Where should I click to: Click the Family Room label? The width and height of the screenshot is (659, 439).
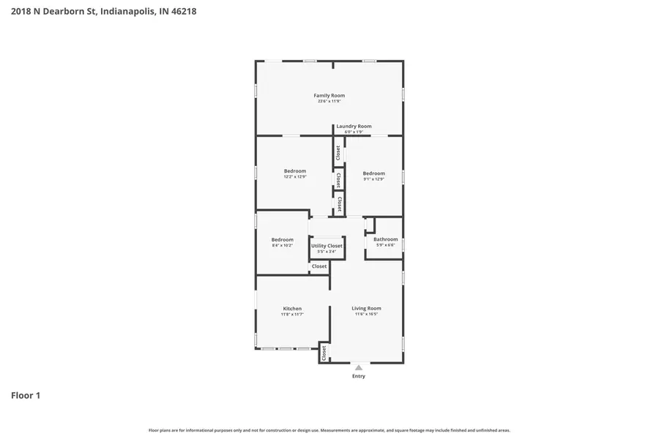tap(329, 95)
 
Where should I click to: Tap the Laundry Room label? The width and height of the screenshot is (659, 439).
tap(354, 126)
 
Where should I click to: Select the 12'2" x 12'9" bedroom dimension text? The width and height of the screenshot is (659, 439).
tap(295, 177)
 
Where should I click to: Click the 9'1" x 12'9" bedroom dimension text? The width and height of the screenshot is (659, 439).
tap(373, 179)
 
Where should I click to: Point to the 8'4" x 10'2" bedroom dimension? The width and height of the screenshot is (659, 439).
tap(282, 246)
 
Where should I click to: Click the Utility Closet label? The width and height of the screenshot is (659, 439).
tap(327, 246)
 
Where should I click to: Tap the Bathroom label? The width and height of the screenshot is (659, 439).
tap(385, 239)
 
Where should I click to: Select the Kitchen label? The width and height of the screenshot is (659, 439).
tap(292, 308)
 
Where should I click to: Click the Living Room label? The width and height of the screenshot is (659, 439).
tap(366, 308)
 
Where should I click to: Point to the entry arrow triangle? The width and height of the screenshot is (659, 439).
tap(358, 367)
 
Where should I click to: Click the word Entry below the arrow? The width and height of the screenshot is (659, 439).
tap(358, 376)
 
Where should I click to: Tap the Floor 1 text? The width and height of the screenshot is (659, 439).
tap(26, 396)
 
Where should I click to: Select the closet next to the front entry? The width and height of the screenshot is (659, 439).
tap(324, 353)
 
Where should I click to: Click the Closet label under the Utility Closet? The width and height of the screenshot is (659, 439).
tap(319, 266)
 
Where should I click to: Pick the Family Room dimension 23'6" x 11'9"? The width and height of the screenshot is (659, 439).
tap(329, 102)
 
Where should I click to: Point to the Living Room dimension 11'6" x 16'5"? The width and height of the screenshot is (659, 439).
tap(366, 314)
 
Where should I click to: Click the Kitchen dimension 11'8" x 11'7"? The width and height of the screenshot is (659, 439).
tap(292, 314)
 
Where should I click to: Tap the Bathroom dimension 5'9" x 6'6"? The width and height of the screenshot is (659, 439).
tap(385, 245)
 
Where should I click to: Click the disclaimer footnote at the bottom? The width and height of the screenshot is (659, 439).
tap(329, 430)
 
